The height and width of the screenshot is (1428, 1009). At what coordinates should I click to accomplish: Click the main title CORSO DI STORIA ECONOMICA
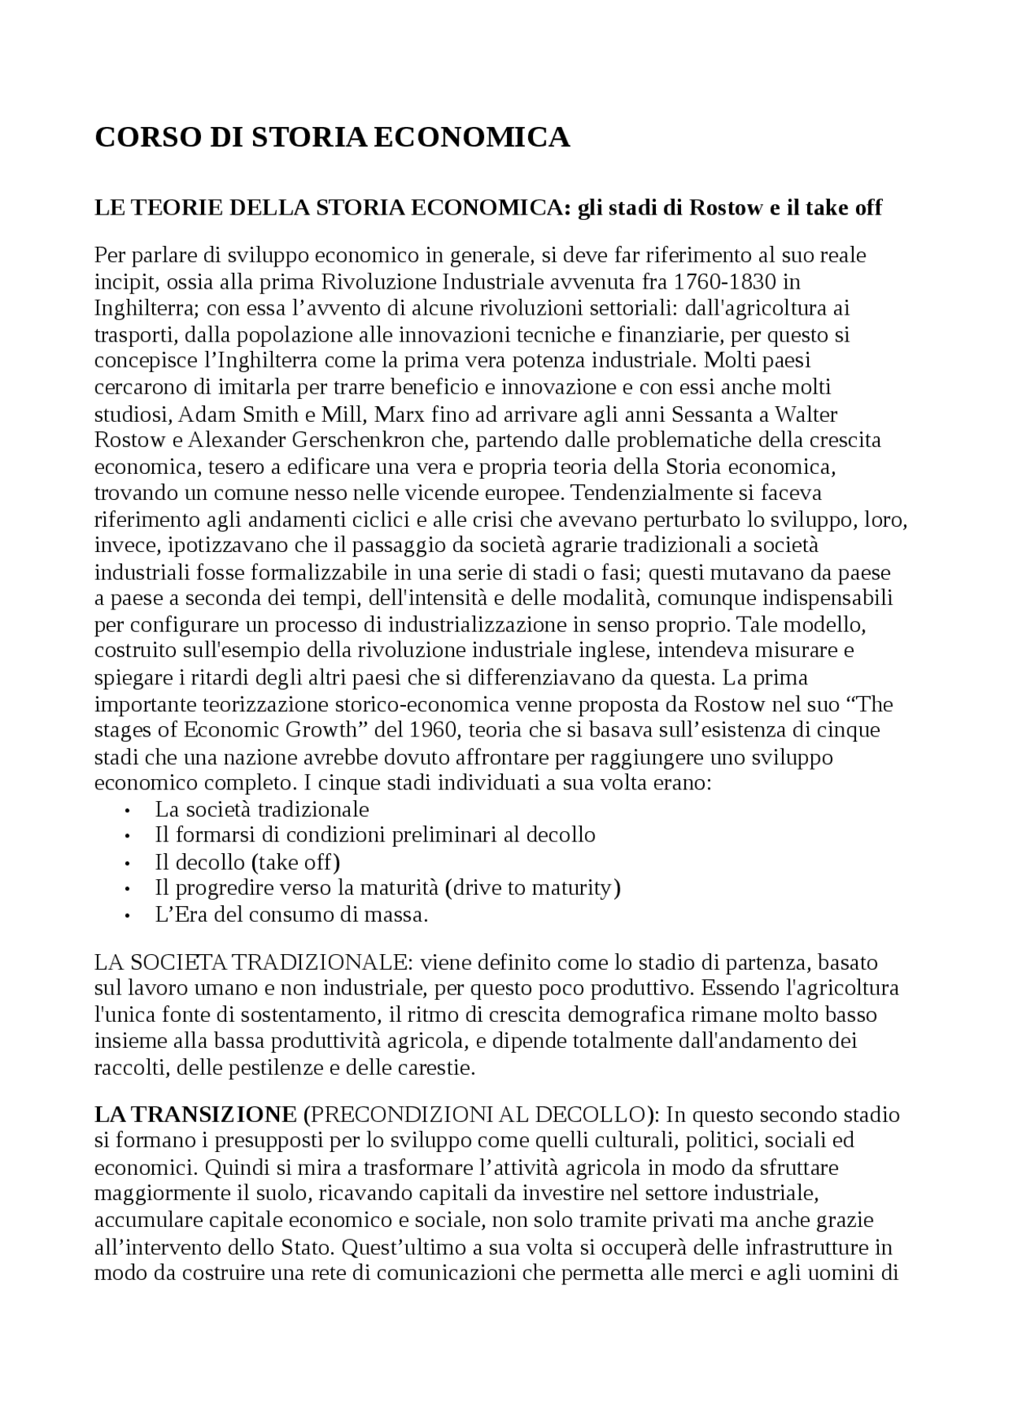[332, 137]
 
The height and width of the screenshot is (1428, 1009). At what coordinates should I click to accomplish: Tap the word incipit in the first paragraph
[119, 281]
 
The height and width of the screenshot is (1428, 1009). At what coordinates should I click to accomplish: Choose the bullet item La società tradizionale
[262, 809]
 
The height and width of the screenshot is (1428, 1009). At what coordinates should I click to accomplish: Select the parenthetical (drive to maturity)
[533, 888]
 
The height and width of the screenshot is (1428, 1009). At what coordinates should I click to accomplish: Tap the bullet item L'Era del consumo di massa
[291, 915]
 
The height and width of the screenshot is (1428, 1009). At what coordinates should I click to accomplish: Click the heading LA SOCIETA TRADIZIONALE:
[253, 963]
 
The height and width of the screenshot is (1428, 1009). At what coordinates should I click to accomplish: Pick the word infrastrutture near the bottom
[805, 1248]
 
